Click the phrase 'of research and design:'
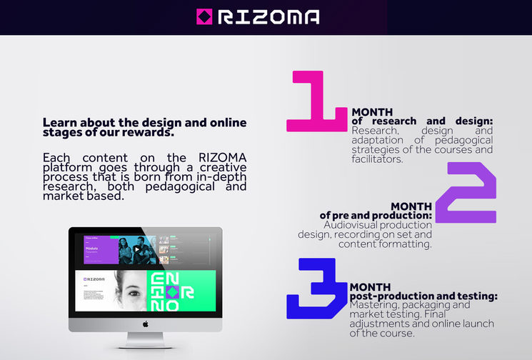422,121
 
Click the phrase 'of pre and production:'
376,216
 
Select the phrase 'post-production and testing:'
423,296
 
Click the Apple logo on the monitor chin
145,324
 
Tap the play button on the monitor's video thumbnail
136,249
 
